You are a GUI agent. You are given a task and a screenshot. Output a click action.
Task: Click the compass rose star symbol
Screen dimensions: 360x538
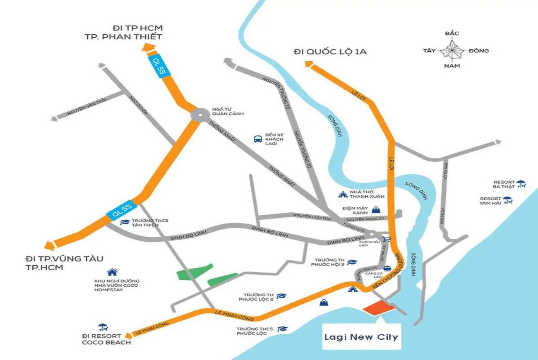pos(452,50)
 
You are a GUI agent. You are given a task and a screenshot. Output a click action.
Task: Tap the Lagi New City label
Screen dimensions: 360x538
pos(361,337)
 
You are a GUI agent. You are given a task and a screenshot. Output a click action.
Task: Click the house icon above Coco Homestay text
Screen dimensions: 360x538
pos(112,272)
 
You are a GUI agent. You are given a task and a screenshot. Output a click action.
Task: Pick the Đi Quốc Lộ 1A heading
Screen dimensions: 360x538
pos(330,52)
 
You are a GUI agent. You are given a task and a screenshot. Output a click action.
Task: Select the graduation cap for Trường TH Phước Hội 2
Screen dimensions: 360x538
pos(352,262)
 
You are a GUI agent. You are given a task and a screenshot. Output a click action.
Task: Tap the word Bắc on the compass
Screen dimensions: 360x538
pos(452,34)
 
